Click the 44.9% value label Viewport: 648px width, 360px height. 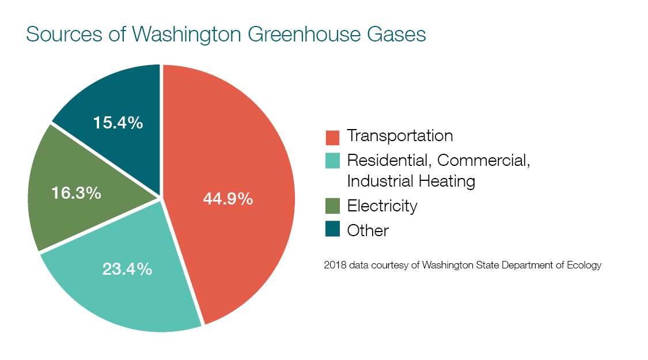228,199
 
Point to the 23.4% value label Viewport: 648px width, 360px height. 127,268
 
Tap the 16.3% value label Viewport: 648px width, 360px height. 76,193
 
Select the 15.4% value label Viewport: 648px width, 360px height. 118,122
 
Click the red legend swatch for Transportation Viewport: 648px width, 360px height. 332,137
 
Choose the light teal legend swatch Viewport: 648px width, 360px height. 332,160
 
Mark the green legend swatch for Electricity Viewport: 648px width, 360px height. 332,206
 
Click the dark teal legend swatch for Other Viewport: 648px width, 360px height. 332,230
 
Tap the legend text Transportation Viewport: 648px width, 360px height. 400,136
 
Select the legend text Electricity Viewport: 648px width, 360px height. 382,206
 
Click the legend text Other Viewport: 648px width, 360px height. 367,230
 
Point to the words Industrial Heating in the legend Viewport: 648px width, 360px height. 411,181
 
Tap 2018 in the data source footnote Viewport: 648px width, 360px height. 334,266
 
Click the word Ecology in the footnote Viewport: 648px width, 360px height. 585,266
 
